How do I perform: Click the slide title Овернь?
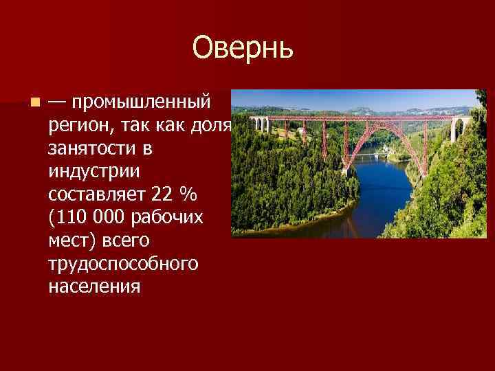point(243,47)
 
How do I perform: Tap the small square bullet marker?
point(34,103)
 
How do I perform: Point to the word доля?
point(214,126)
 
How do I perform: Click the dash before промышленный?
point(58,103)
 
